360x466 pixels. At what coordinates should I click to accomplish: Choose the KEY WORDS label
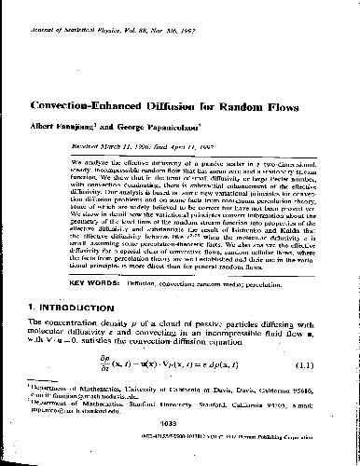(90, 306)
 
